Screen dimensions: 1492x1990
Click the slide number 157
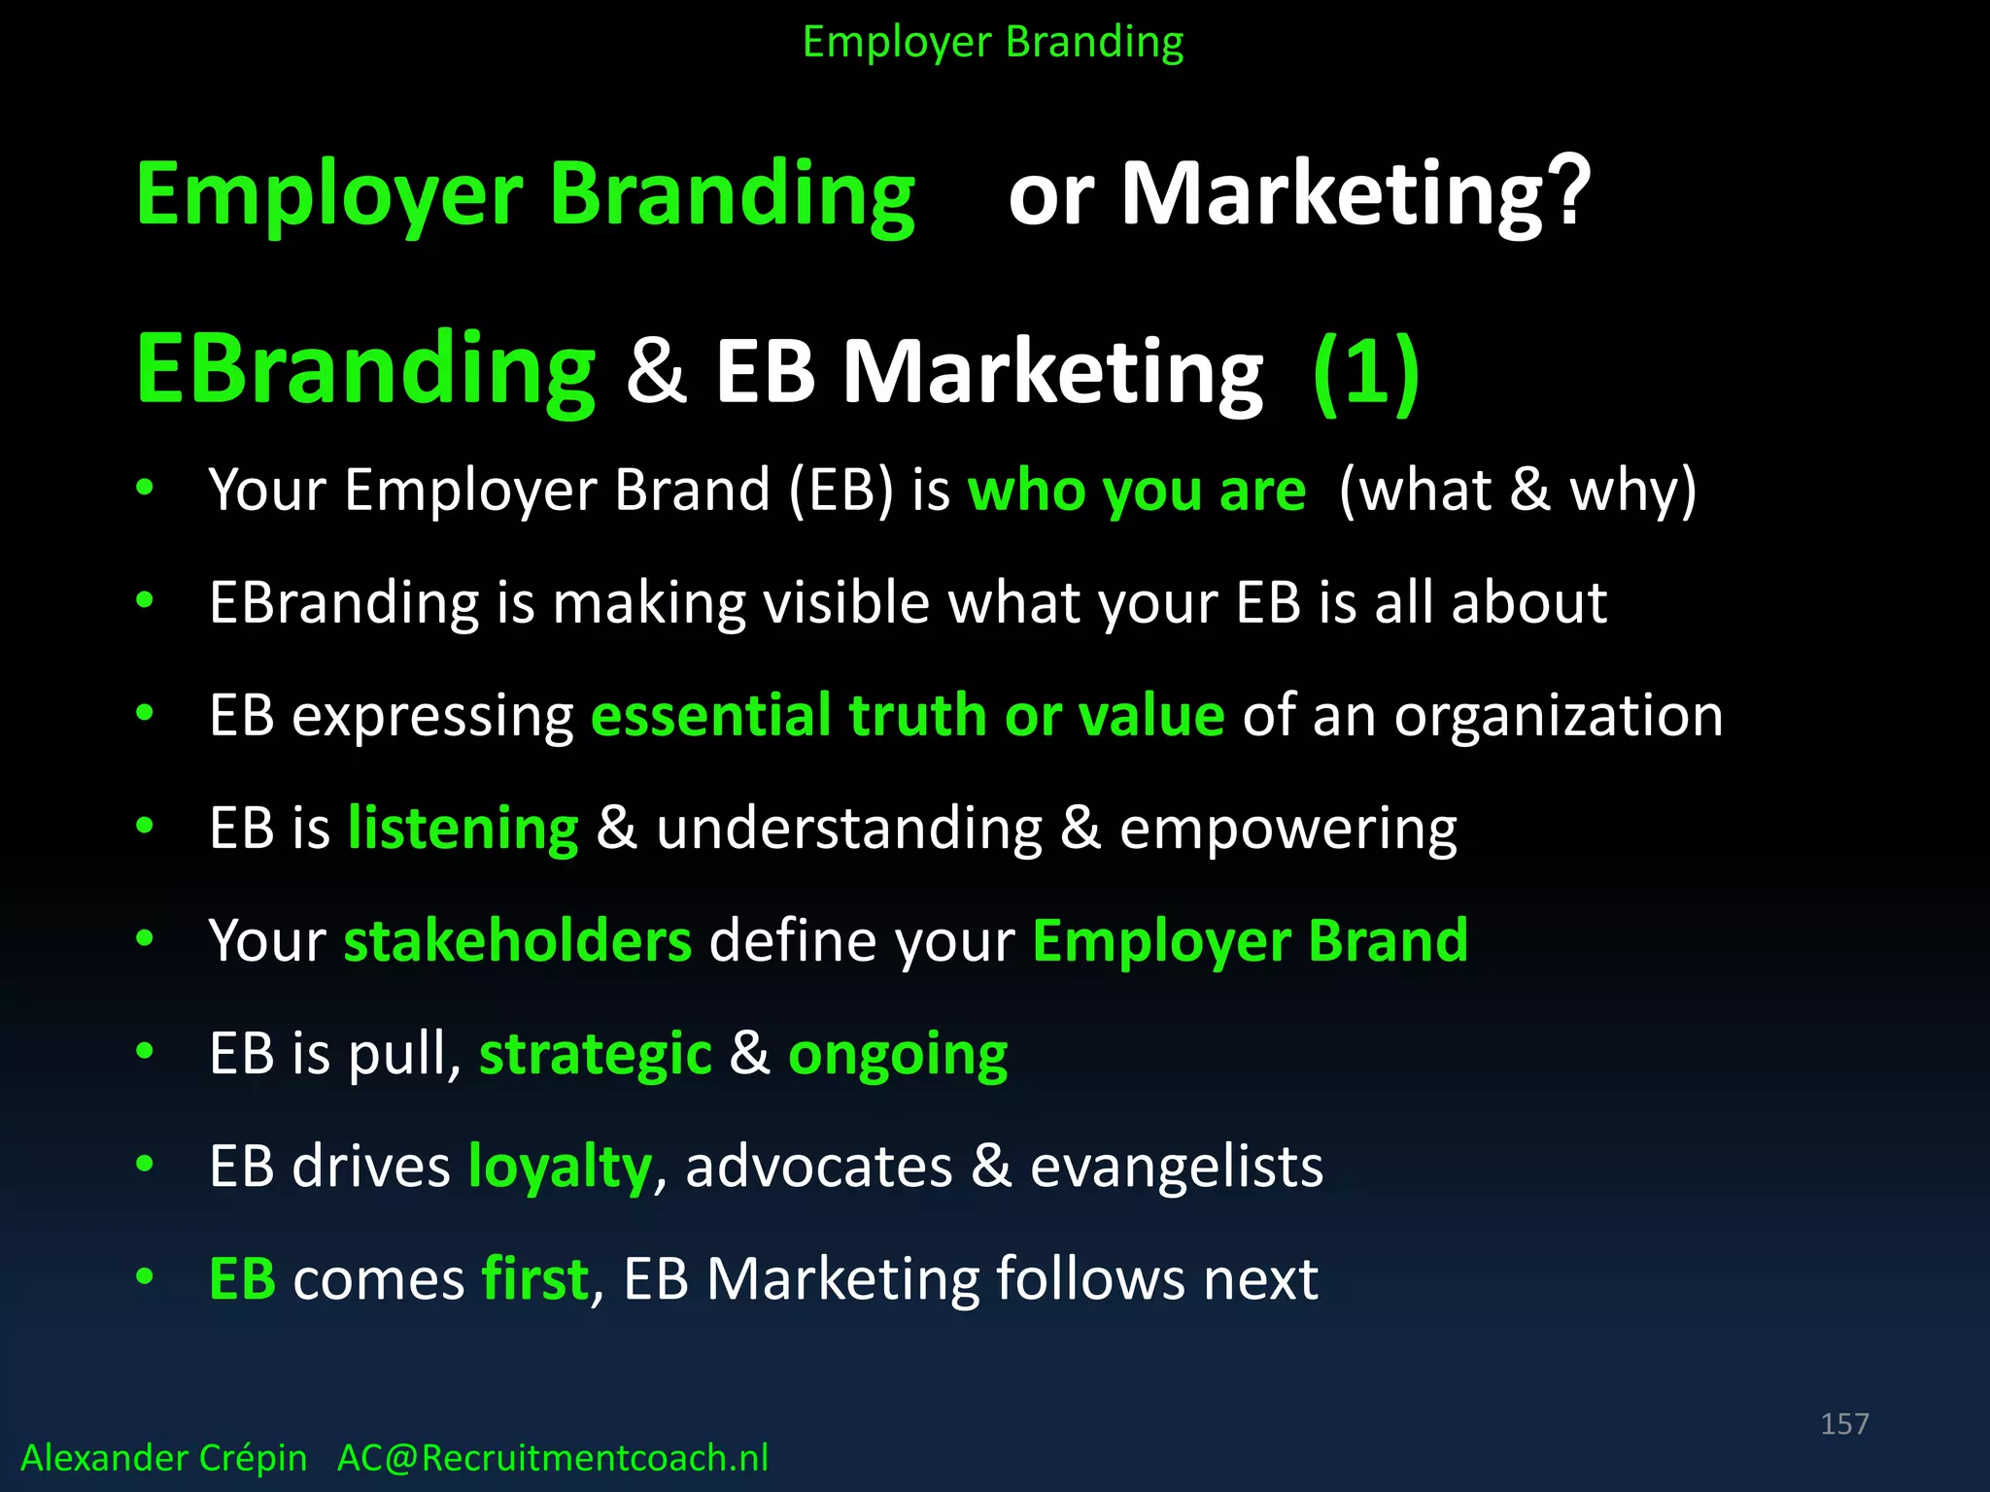[1844, 1424]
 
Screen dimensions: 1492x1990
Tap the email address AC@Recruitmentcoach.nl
[552, 1458]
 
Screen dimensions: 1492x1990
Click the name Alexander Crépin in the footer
[163, 1458]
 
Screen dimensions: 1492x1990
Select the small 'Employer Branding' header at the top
[993, 43]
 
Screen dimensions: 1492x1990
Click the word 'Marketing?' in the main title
[1356, 194]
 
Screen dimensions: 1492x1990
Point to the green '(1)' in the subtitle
[1366, 370]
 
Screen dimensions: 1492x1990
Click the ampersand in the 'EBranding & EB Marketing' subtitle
[656, 370]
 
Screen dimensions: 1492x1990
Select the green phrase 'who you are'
[1137, 490]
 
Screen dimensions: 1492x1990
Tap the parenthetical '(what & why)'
[1518, 490]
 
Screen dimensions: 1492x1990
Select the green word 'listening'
[463, 829]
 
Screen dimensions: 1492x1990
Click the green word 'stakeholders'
[517, 940]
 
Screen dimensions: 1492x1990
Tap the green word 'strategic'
[596, 1055]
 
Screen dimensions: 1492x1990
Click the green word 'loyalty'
[560, 1168]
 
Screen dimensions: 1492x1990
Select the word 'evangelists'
[1176, 1168]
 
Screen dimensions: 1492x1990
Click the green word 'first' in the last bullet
[535, 1278]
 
